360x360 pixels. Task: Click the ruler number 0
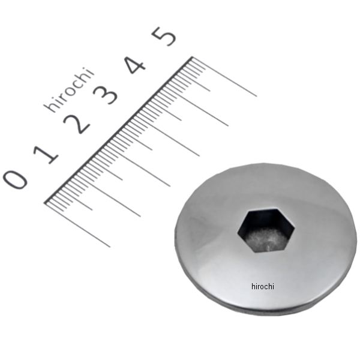tap(15, 179)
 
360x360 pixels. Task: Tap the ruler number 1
tap(46, 154)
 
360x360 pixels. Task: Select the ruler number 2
tap(76, 124)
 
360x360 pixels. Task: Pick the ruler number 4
tap(135, 65)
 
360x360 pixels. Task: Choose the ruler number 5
tap(164, 36)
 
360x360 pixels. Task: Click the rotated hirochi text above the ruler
tap(69, 89)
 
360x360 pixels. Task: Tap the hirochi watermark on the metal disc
tap(263, 286)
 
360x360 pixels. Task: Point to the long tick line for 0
tap(78, 225)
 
